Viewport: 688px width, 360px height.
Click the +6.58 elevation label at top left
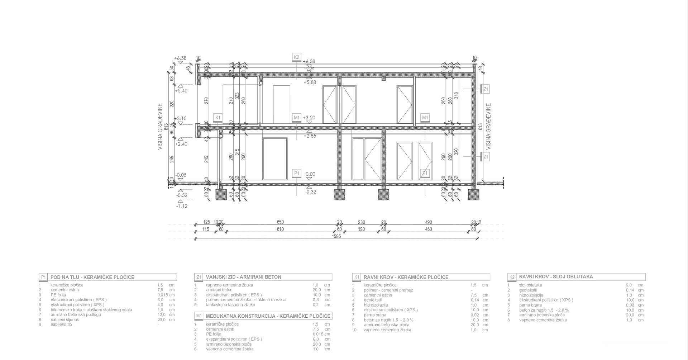click(x=180, y=58)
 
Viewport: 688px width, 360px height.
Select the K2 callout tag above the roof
click(x=296, y=57)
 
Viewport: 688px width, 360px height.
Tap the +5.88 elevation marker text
click(x=310, y=82)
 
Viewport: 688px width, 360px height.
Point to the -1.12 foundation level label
click(x=182, y=206)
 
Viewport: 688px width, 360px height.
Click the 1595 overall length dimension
click(x=336, y=236)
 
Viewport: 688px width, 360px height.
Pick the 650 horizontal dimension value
click(x=280, y=222)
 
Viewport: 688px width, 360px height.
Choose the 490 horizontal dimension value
click(x=429, y=222)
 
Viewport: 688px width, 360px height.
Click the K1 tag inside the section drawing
click(x=218, y=117)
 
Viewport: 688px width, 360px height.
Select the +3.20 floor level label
click(x=309, y=118)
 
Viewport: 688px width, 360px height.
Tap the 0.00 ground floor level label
click(x=310, y=174)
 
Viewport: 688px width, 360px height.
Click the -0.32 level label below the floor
click(x=310, y=192)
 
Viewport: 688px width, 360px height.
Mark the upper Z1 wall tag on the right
click(x=486, y=89)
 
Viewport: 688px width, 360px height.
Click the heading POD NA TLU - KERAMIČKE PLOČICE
click(x=92, y=277)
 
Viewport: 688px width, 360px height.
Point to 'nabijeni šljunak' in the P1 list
click(x=65, y=320)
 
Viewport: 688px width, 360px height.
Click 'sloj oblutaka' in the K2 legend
click(x=530, y=285)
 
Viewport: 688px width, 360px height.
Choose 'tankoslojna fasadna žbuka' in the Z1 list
click(x=230, y=305)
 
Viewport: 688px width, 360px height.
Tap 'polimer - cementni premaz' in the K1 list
click(x=388, y=290)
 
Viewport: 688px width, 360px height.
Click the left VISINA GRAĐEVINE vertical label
click(x=160, y=126)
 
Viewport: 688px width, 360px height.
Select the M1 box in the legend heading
click(x=199, y=316)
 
